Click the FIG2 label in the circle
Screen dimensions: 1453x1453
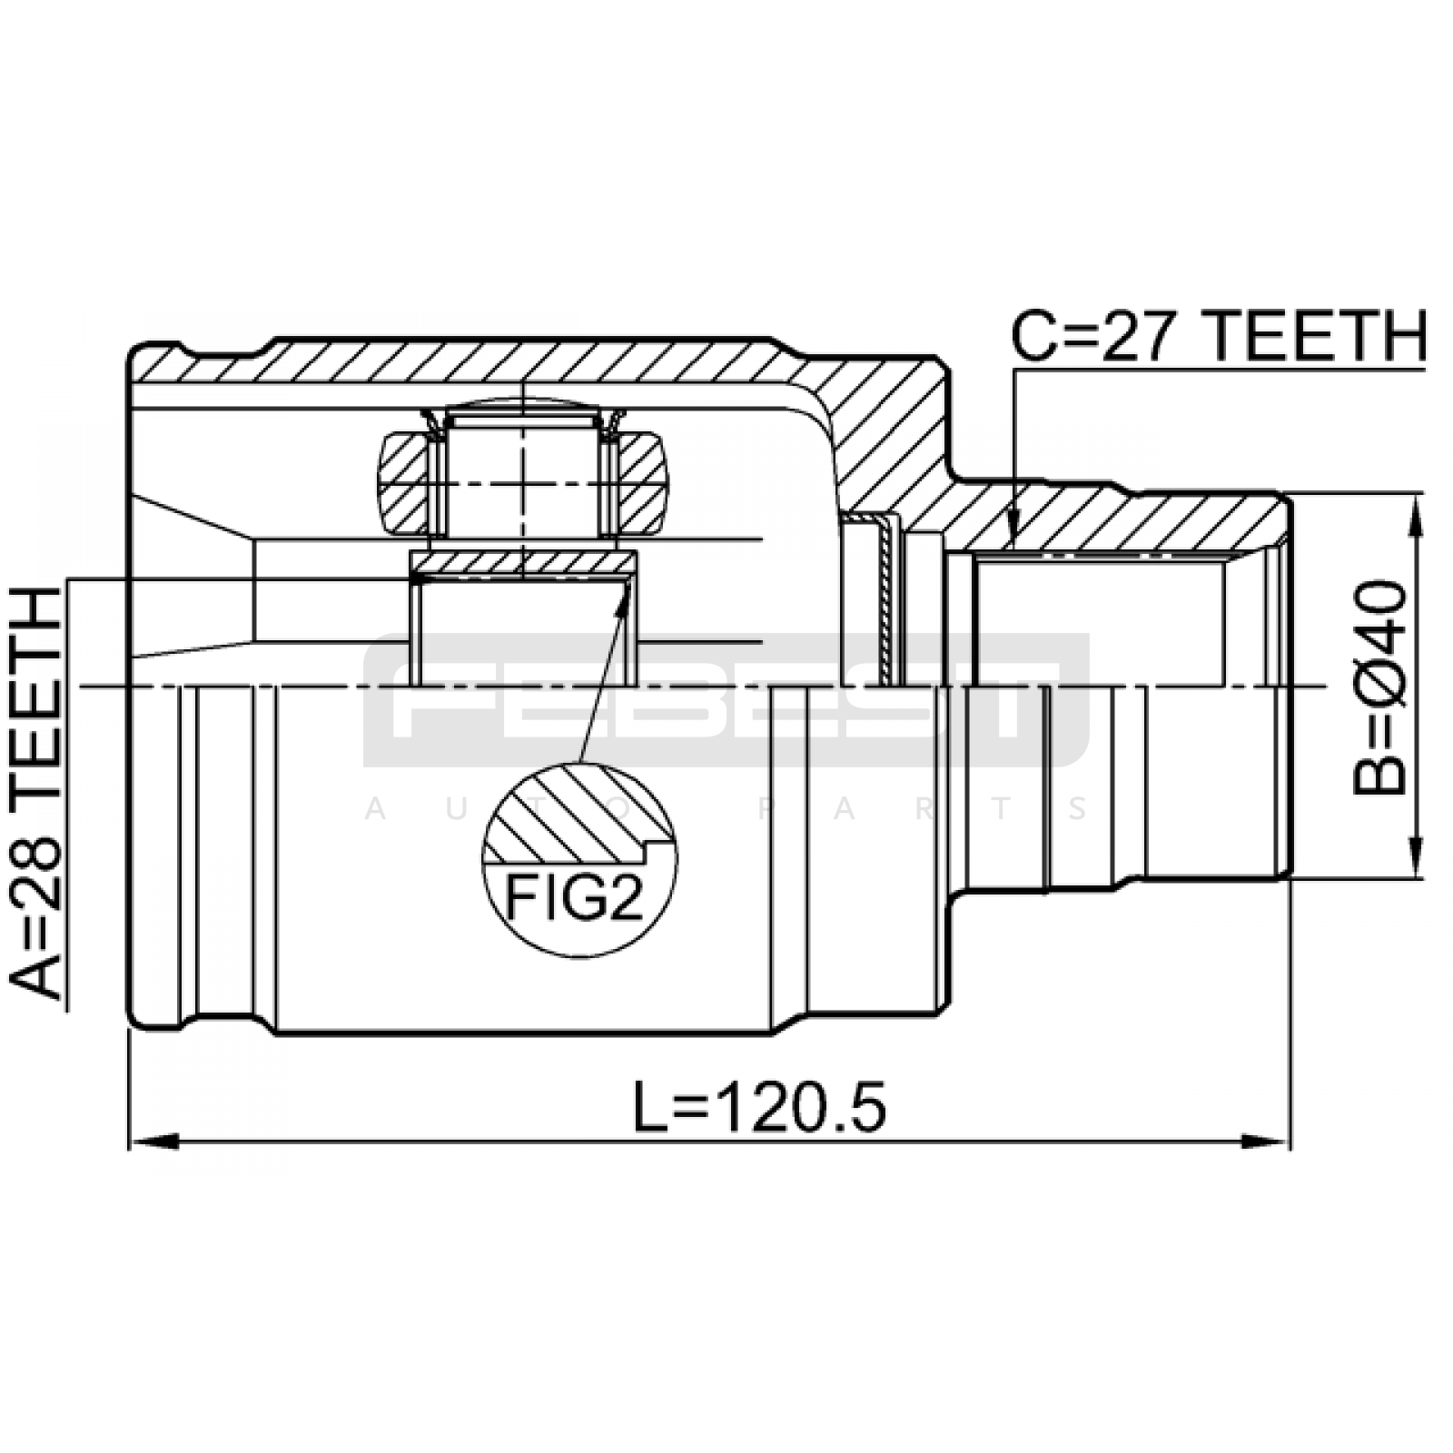click(574, 898)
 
